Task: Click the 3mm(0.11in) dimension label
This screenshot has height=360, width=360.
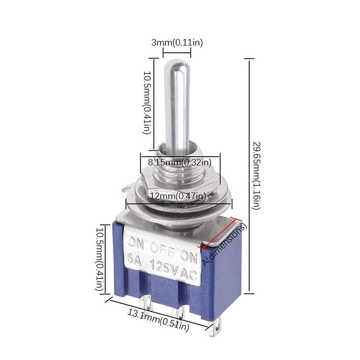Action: [176, 43]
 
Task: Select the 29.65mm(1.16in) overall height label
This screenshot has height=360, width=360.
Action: [256, 175]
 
